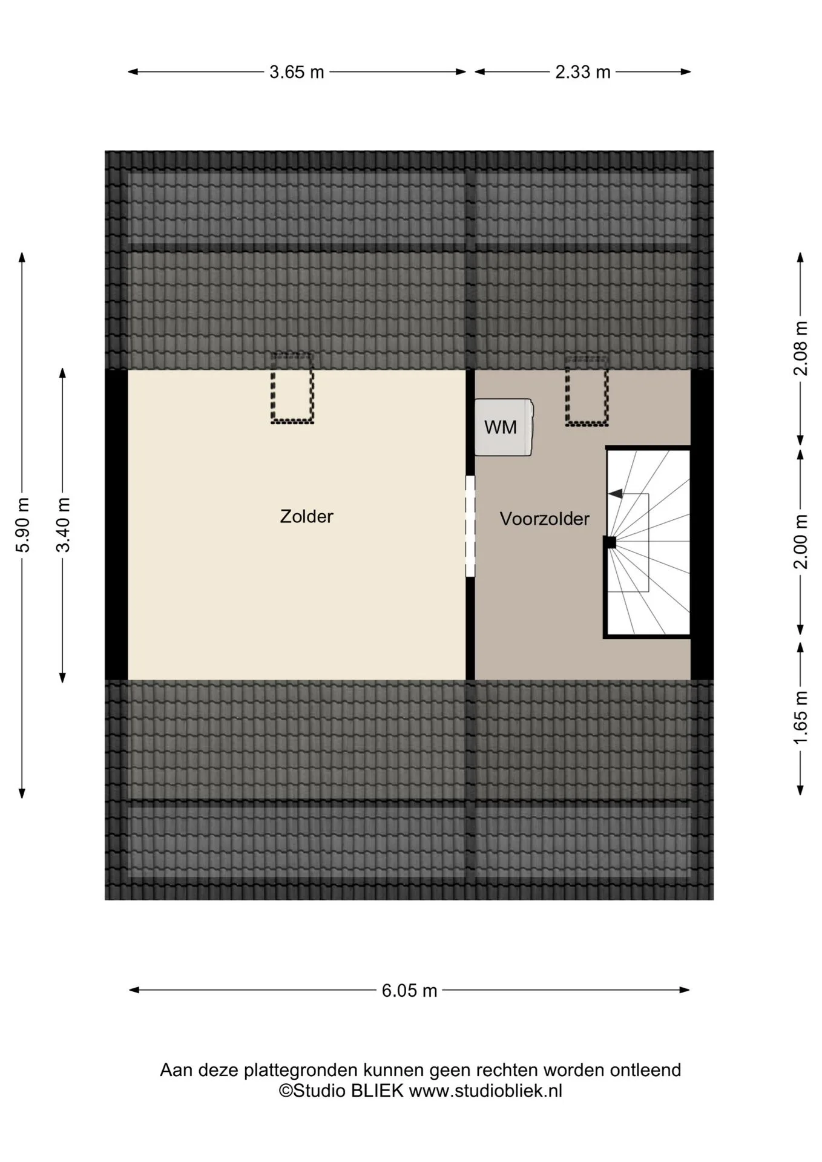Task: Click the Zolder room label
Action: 306,516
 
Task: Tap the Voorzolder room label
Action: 544,519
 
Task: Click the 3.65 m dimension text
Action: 297,72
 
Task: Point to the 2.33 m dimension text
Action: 583,72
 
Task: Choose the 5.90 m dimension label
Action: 22,525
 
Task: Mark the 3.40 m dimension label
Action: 63,525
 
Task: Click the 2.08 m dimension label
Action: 801,348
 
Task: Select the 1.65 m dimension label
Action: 801,718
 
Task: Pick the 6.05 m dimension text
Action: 409,991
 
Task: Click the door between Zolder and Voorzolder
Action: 470,526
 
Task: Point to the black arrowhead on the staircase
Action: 615,494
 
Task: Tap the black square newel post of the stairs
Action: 610,542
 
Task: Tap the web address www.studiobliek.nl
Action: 485,1091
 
